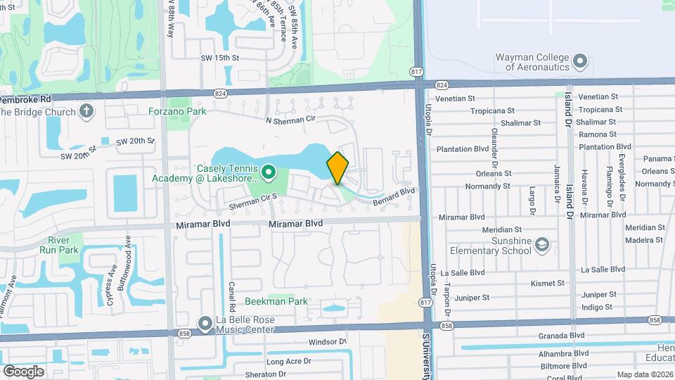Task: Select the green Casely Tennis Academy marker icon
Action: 268,171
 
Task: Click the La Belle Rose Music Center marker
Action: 205,324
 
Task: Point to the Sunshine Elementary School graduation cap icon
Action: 541,244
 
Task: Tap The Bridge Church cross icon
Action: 86,111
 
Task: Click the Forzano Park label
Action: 177,111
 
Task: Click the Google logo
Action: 23,371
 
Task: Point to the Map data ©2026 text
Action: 644,374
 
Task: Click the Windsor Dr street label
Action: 328,342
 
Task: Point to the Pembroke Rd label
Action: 21,99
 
